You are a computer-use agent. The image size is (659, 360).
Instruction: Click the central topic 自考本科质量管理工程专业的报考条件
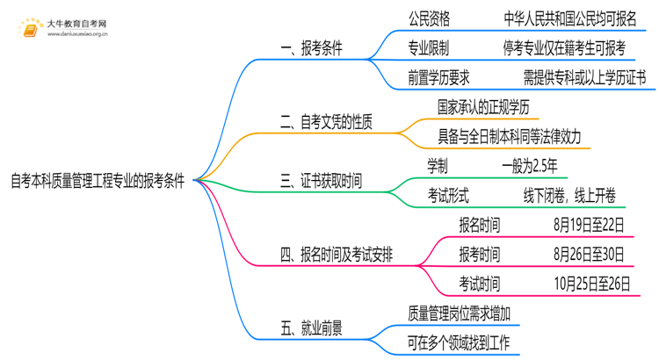pos(98,182)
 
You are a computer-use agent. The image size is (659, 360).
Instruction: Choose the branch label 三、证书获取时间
pos(320,182)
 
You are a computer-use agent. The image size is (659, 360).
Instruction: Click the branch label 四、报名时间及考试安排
pos(337,256)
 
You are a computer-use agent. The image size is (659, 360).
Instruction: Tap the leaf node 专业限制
pos(431,47)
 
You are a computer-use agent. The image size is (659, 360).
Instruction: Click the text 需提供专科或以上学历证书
pos(583,78)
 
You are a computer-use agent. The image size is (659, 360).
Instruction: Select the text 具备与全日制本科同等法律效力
pos(509,137)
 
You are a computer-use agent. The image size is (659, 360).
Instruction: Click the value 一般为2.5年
pos(529,167)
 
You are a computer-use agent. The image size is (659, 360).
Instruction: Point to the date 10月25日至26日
pos(592,284)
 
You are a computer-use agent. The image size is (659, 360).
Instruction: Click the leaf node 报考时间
pos(480,256)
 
